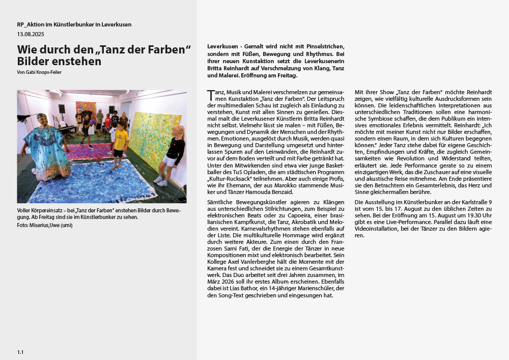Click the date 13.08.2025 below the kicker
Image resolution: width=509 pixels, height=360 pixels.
31,34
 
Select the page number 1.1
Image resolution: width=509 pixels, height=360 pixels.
20,352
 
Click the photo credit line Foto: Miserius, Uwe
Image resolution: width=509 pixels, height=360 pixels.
45,225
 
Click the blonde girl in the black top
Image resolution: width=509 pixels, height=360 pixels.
174,153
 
